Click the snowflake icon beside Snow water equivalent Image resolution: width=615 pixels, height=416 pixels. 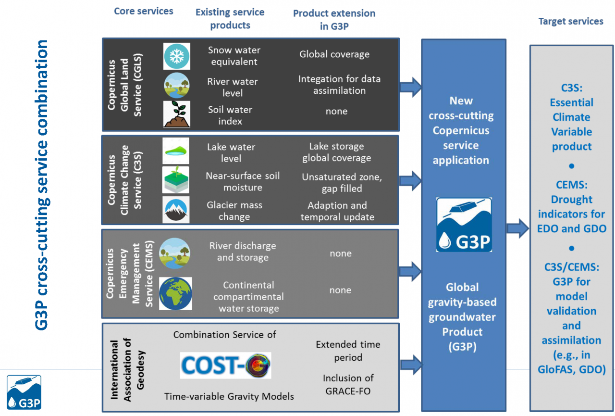[177, 56]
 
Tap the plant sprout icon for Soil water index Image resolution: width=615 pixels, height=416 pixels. [177, 114]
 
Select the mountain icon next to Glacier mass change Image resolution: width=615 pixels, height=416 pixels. [176, 210]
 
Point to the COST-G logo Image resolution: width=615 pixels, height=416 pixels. [225, 366]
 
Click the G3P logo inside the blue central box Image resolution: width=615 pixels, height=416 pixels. [464, 225]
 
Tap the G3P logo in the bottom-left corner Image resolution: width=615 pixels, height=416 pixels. [24, 392]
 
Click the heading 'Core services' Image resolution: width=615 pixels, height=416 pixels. [144, 11]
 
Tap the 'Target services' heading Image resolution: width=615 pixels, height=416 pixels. [571, 21]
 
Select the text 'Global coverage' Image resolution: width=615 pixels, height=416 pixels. [334, 54]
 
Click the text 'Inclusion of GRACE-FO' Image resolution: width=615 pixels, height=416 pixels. [348, 384]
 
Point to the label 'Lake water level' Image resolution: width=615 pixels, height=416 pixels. [231, 152]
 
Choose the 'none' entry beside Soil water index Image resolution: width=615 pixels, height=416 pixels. [336, 112]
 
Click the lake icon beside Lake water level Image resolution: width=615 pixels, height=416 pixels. [176, 151]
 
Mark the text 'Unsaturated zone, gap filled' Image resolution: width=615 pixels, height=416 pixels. [342, 182]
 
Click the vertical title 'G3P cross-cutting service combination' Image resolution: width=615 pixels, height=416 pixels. [42, 185]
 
